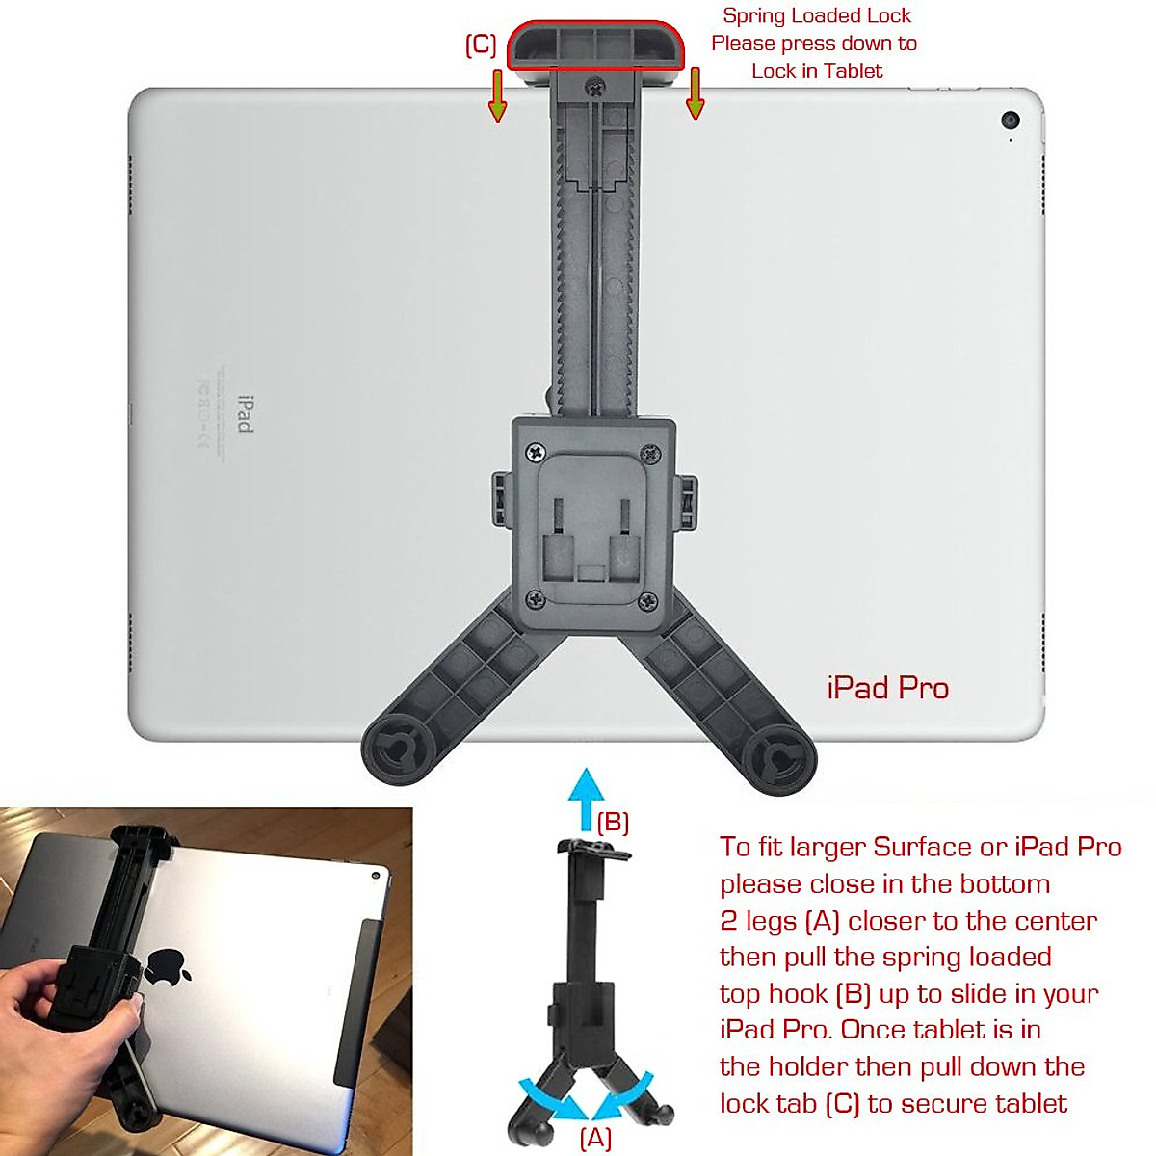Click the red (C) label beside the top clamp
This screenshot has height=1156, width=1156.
click(x=481, y=45)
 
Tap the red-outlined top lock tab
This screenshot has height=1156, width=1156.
click(x=596, y=45)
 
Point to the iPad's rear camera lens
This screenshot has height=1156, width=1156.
click(x=1011, y=120)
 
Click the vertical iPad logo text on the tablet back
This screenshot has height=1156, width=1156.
click(x=245, y=413)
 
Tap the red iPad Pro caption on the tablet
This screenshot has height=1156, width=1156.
click(x=887, y=688)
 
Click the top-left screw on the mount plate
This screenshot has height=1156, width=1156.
click(x=535, y=451)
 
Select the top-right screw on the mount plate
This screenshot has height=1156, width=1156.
click(x=651, y=451)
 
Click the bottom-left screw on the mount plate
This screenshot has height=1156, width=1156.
click(x=536, y=600)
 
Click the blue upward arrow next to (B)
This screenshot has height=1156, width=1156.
click(x=585, y=799)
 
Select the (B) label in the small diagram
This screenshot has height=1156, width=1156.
click(x=613, y=823)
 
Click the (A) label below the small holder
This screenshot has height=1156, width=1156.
click(x=595, y=1138)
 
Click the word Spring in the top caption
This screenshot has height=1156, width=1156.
click(x=750, y=15)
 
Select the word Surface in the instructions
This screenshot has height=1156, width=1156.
click(x=922, y=847)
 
